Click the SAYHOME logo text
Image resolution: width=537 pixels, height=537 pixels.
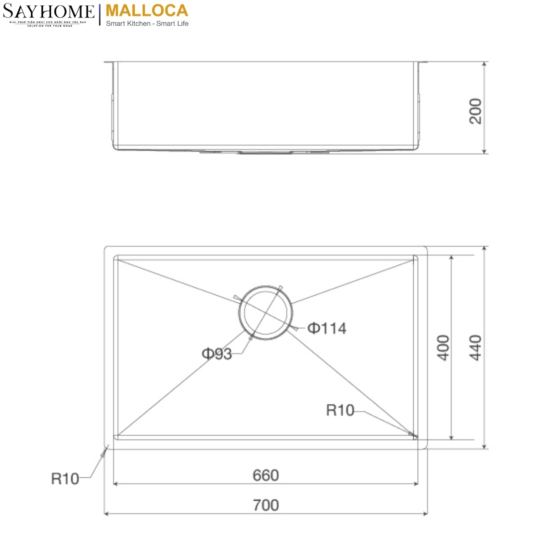(x=48, y=11)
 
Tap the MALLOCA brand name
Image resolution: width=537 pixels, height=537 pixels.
(x=147, y=10)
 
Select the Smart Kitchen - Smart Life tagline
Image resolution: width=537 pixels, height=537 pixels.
(x=147, y=23)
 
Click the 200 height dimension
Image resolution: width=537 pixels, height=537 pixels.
(x=475, y=111)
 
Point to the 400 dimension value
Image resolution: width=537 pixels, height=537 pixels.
(x=443, y=348)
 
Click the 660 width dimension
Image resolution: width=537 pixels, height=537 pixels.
(x=266, y=475)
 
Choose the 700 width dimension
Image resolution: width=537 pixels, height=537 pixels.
(x=266, y=505)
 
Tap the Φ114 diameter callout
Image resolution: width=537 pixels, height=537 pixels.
(x=327, y=329)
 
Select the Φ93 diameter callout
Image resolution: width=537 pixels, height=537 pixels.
(x=217, y=354)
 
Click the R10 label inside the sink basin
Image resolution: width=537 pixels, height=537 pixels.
(x=340, y=410)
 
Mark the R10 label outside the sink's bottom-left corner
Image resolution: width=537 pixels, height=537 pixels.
(x=65, y=479)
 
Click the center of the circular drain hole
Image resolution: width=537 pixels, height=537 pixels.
(x=266, y=313)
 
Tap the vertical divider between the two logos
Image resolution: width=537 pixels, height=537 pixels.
(x=100, y=14)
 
